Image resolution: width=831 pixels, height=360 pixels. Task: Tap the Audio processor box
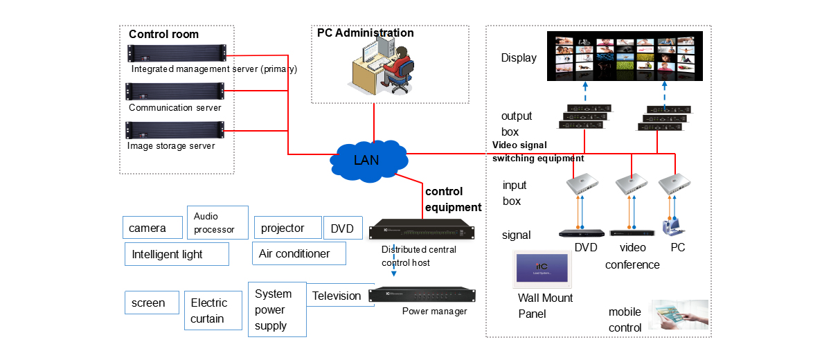point(217,223)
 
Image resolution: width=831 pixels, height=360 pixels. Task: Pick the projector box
point(288,228)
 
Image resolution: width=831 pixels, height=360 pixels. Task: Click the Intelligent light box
point(177,254)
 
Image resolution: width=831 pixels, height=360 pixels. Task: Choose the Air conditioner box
point(299,253)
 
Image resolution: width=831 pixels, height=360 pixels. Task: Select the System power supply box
point(277,309)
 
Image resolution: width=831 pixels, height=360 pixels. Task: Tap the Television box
point(336,296)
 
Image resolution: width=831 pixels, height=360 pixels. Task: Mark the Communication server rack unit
point(176,91)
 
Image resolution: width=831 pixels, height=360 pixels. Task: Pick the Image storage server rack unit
point(176,129)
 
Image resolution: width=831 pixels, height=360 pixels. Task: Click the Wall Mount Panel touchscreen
point(542,271)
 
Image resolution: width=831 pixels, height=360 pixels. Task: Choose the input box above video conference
point(632,183)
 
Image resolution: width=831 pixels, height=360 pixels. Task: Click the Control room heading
point(163,35)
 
